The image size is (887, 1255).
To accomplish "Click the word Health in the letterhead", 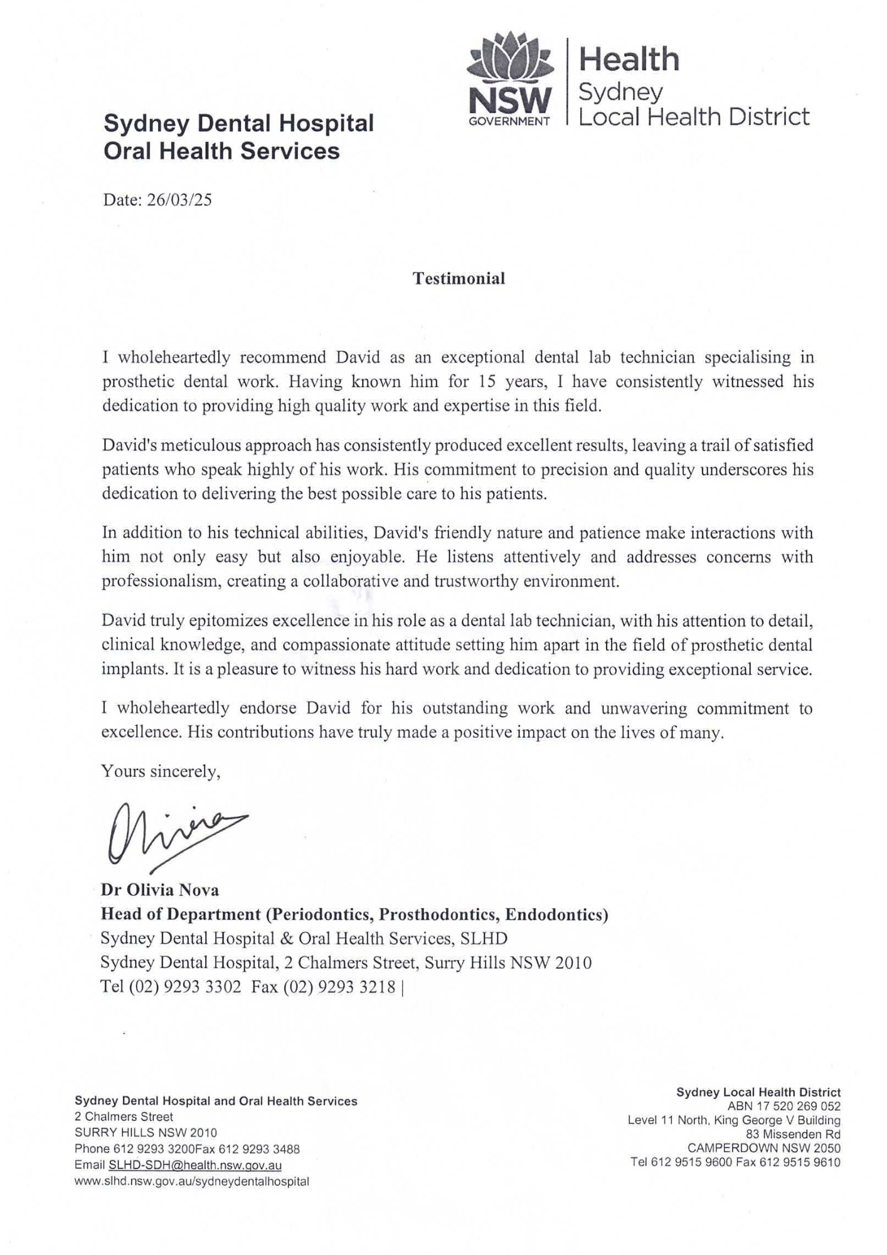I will (x=629, y=60).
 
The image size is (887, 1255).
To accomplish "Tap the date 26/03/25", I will (x=179, y=200).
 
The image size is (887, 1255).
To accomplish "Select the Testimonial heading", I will (x=459, y=279).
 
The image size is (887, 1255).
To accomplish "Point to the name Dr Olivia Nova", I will (x=160, y=890).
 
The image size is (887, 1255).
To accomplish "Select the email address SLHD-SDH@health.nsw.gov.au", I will (x=195, y=1165).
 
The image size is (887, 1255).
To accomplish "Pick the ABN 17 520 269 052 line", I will (x=783, y=1106).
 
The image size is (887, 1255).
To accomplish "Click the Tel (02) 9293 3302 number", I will (x=171, y=987).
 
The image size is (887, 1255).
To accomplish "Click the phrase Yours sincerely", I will (x=161, y=772).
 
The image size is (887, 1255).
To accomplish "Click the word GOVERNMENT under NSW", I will (x=509, y=121).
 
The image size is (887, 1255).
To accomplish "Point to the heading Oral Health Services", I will (x=221, y=151).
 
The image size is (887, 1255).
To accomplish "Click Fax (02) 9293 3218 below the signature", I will (x=323, y=987).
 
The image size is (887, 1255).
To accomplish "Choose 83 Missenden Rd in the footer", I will (x=793, y=1134).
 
